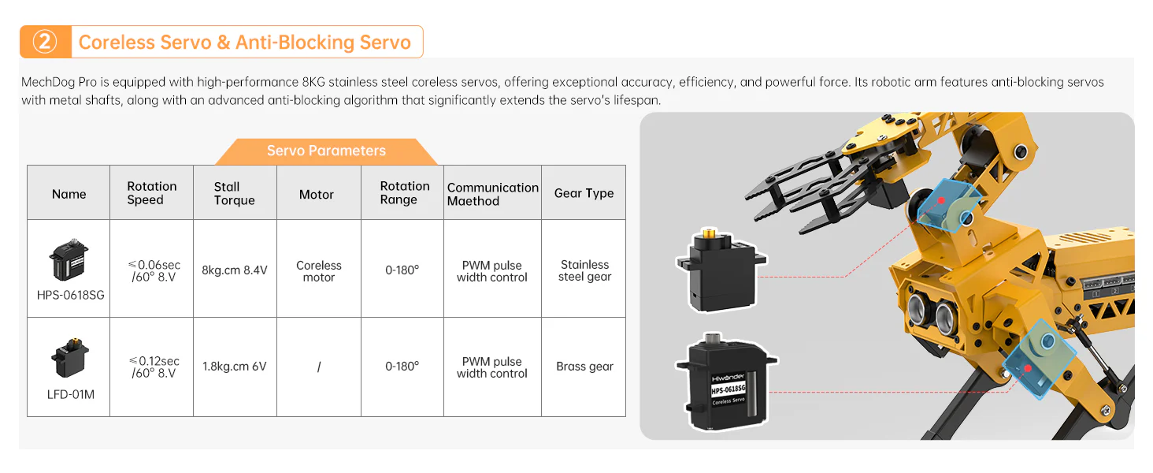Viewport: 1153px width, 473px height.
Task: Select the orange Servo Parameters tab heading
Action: click(326, 151)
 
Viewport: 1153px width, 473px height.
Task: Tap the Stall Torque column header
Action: click(235, 193)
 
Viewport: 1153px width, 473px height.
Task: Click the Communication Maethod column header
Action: click(492, 194)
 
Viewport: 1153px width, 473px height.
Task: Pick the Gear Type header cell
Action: click(584, 193)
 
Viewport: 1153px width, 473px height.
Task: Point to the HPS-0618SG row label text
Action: click(70, 296)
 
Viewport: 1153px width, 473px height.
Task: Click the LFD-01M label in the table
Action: click(70, 393)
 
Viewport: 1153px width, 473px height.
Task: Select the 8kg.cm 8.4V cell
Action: click(235, 270)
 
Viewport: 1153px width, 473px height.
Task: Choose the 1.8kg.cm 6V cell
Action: click(235, 367)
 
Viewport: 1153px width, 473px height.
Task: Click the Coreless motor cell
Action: click(319, 271)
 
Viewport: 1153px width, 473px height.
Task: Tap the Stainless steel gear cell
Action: click(584, 270)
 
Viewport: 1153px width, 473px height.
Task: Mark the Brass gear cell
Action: click(584, 367)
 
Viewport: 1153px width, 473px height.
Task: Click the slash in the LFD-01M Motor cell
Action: click(319, 367)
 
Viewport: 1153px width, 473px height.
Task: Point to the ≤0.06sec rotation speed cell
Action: click(154, 270)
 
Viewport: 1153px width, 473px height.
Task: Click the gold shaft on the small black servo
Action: click(710, 234)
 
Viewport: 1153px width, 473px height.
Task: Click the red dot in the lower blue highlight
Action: click(1028, 368)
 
